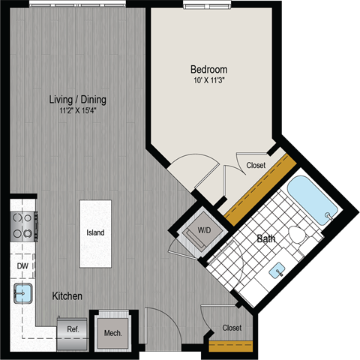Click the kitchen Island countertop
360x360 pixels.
95,231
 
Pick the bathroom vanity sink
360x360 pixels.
280,268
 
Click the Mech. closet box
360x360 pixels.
113,332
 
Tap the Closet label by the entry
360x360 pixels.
232,328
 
